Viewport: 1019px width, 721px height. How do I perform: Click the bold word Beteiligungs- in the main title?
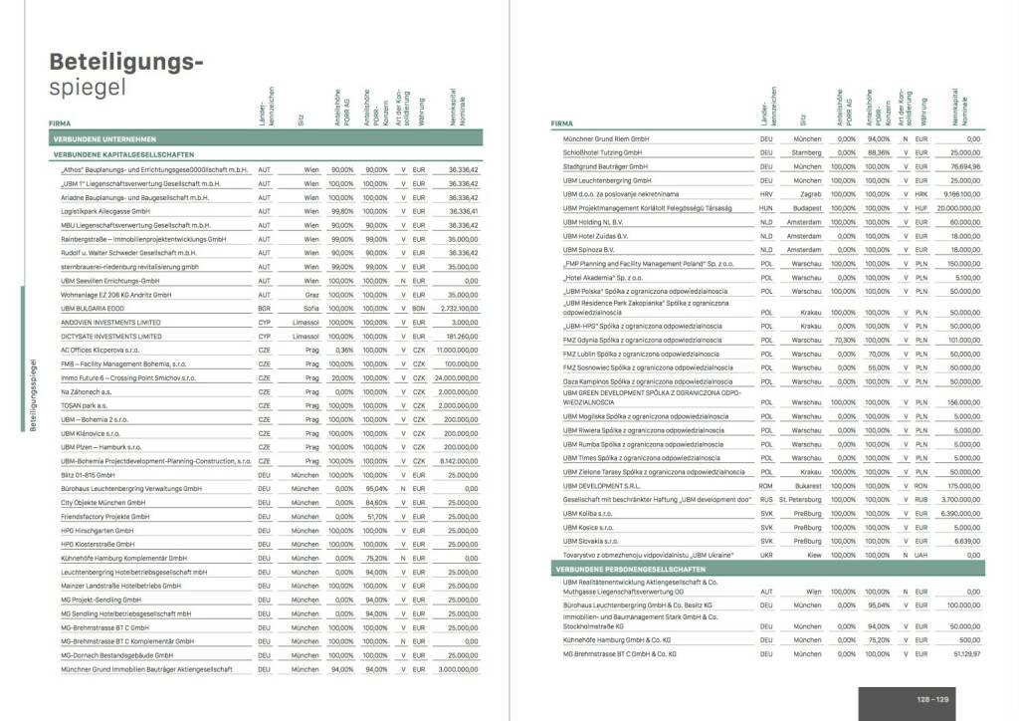click(126, 62)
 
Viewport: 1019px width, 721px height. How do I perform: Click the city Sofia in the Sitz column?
click(310, 310)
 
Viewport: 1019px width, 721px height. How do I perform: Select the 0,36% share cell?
click(343, 351)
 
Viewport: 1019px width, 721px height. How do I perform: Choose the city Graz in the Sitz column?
click(311, 296)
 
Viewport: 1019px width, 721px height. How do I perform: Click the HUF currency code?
click(920, 208)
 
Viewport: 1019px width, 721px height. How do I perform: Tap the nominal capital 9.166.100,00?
click(957, 194)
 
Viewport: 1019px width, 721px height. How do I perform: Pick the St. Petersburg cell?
click(799, 499)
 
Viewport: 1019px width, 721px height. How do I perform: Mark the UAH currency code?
click(920, 555)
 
